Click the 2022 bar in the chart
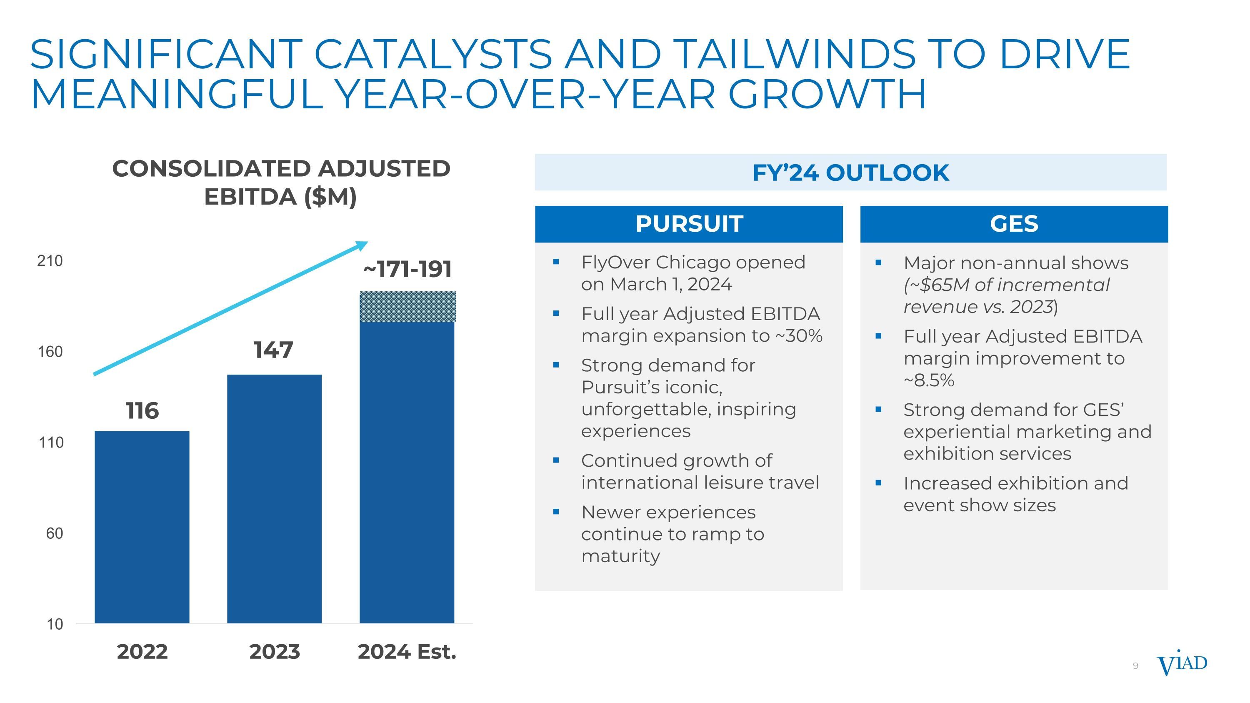(x=142, y=526)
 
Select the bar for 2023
(x=274, y=498)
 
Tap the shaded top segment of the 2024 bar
(x=407, y=307)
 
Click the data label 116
(x=142, y=411)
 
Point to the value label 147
(x=273, y=350)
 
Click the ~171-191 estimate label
(x=407, y=269)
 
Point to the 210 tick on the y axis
(x=50, y=261)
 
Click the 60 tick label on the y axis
(x=54, y=534)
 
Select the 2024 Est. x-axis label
(x=407, y=652)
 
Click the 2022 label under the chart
(x=142, y=652)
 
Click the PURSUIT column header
(x=689, y=224)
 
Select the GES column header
(x=1014, y=224)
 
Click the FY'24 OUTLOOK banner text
(x=850, y=173)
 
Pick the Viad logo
(x=1182, y=664)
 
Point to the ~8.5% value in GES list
(x=929, y=380)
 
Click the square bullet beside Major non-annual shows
(x=878, y=263)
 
